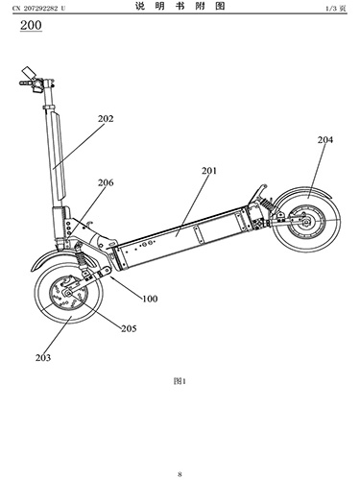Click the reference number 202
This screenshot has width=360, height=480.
[x=106, y=119]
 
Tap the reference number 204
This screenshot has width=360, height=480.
[x=325, y=140]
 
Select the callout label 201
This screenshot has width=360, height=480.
[x=209, y=171]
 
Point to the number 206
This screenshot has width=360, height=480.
[x=106, y=182]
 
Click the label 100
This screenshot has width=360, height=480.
[x=150, y=299]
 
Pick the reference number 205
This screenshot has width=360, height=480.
[x=129, y=328]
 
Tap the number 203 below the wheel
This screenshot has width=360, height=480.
[x=43, y=357]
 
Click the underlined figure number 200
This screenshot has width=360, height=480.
[x=31, y=25]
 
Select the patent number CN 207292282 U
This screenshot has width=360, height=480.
[x=38, y=9]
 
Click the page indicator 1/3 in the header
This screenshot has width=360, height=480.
[x=332, y=9]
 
